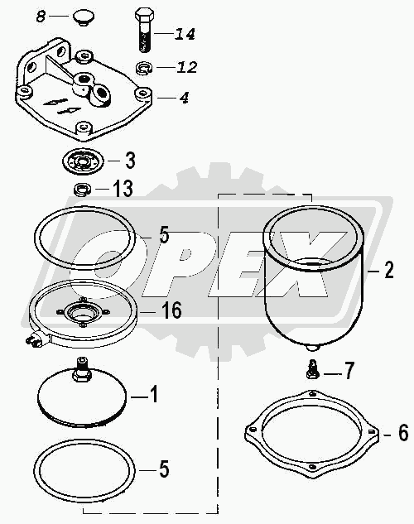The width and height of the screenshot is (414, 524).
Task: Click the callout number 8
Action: (x=41, y=17)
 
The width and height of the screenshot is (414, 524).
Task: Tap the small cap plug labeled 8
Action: (x=84, y=17)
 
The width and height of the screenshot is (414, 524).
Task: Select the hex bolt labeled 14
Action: (x=145, y=30)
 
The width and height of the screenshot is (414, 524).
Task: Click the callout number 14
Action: (x=185, y=34)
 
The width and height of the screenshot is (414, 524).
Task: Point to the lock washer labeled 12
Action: (x=144, y=68)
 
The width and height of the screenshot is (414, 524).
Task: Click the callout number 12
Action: (x=187, y=67)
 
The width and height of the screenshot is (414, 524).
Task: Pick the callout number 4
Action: (x=184, y=98)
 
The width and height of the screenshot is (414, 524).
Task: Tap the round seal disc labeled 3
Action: (x=83, y=161)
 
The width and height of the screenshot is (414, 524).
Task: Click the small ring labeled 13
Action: (x=83, y=190)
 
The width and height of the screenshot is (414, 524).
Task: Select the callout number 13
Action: (x=123, y=189)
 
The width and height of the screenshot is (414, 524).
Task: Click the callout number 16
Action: (x=171, y=310)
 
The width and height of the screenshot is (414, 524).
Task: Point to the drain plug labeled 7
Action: (x=312, y=369)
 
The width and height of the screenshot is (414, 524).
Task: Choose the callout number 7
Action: (x=349, y=371)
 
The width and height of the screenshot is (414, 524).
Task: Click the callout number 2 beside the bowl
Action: (x=389, y=270)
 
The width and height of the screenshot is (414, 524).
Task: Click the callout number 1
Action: (x=153, y=394)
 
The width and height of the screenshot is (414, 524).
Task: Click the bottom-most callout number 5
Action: (x=164, y=469)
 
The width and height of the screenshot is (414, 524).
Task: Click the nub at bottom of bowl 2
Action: (x=312, y=348)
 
